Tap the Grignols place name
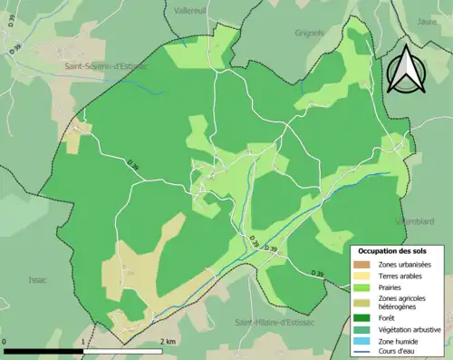click(x=309, y=33)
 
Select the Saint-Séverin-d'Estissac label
click(x=106, y=65)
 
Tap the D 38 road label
click(x=133, y=165)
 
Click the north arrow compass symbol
click(x=406, y=69)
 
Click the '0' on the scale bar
click(x=5, y=342)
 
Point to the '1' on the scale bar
click(x=83, y=342)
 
